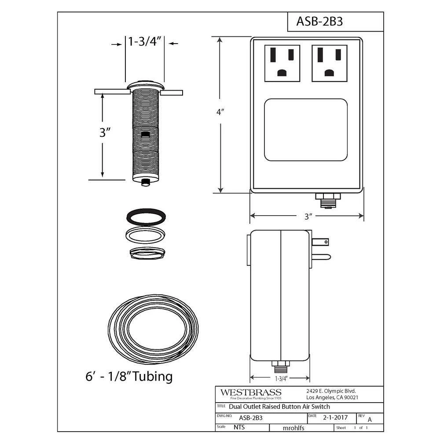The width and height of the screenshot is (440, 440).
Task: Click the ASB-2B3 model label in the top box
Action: tap(319, 21)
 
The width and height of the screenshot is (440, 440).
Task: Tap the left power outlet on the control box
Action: tap(282, 63)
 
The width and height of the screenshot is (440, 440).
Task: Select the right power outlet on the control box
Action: tap(330, 63)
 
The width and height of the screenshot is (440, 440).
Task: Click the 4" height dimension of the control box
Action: tap(220, 112)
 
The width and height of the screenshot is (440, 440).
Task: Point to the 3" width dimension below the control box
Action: tap(308, 216)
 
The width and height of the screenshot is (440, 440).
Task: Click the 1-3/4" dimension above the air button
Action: tap(145, 41)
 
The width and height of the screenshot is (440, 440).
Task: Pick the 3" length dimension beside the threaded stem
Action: tap(105, 132)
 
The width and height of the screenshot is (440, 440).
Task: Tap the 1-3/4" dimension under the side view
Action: tap(281, 378)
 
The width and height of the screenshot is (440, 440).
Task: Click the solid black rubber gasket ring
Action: tap(146, 217)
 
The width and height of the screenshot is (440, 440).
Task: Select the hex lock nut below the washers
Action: tap(147, 253)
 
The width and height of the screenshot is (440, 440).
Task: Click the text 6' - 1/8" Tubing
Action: tap(129, 376)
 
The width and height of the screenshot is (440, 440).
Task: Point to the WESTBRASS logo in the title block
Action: tap(251, 392)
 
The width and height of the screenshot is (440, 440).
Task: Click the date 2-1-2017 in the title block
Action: tap(335, 418)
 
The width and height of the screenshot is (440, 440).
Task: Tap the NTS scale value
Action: tap(239, 427)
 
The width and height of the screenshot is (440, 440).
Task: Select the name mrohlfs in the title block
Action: tap(293, 428)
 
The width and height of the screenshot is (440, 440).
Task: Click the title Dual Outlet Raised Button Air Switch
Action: tap(279, 407)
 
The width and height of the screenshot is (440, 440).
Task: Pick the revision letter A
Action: tap(370, 419)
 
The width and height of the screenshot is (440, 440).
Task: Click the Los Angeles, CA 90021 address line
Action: tap(332, 398)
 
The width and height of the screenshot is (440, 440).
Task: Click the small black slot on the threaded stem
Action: tap(145, 134)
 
